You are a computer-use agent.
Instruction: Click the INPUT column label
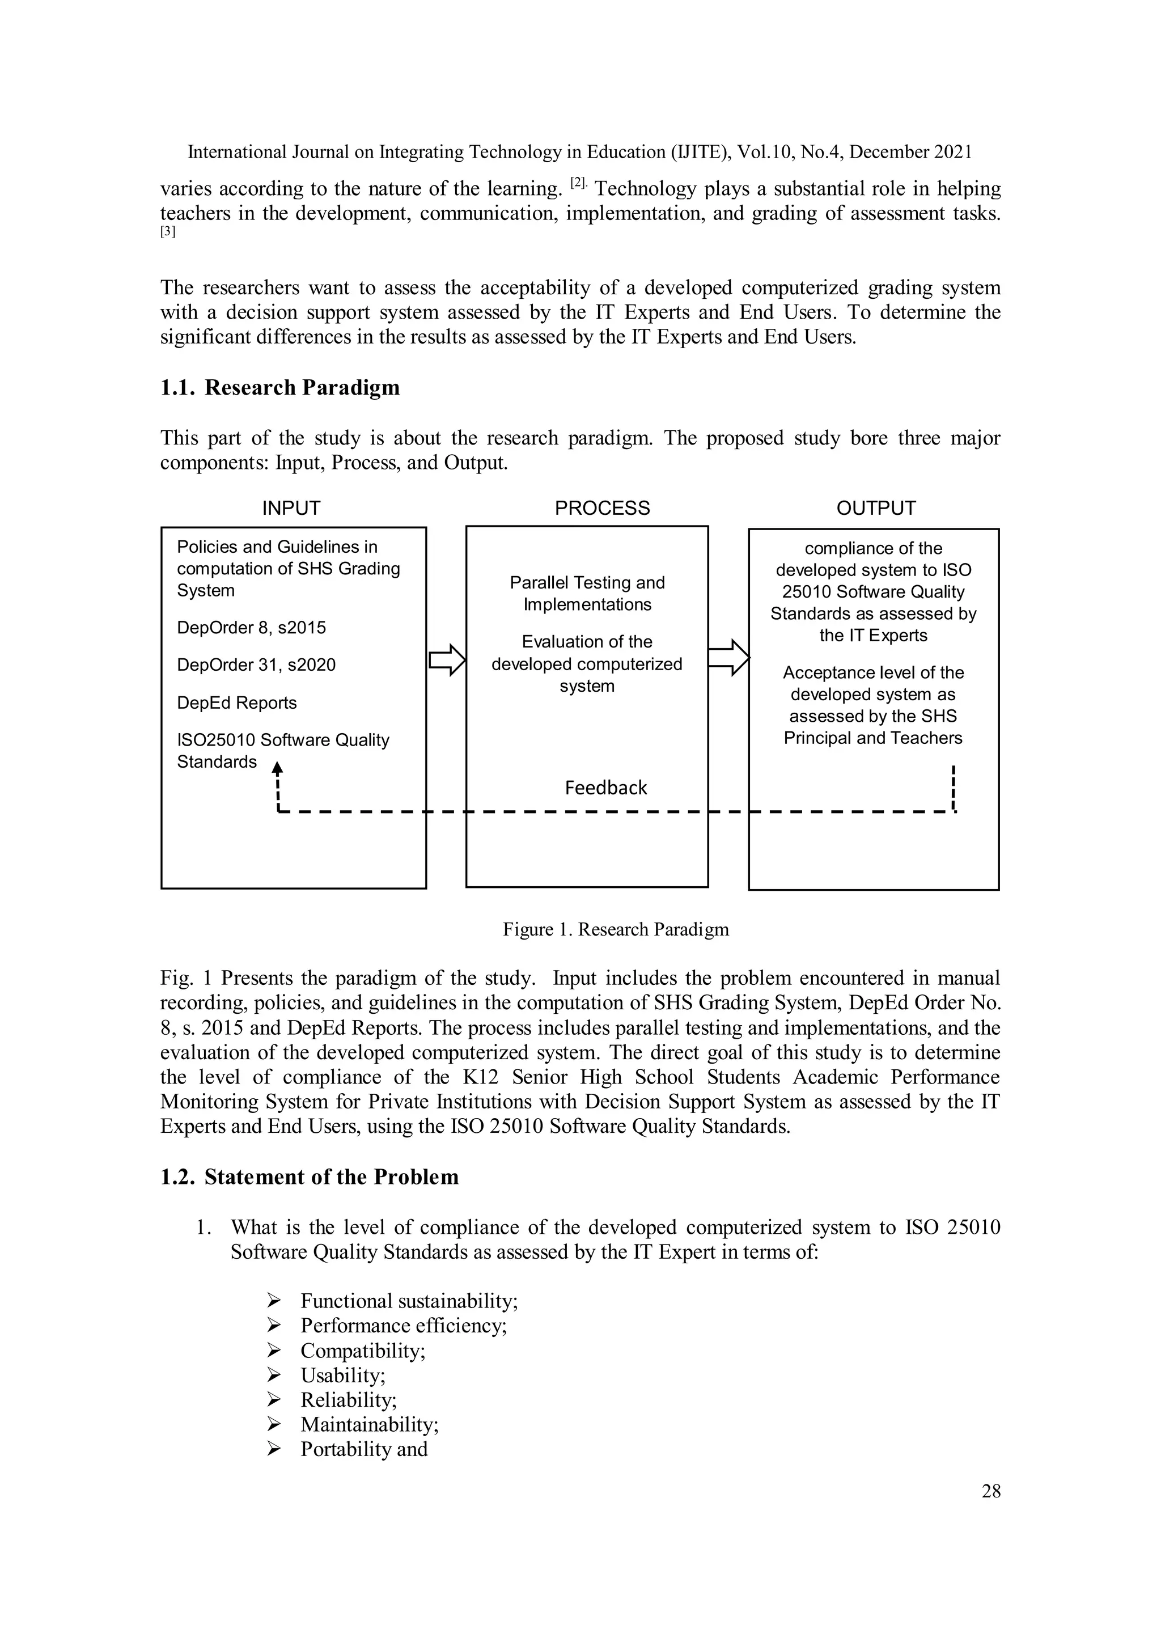[291, 508]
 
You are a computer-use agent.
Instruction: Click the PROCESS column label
[602, 508]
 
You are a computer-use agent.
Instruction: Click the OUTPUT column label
[876, 508]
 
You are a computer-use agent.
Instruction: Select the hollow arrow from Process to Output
[728, 657]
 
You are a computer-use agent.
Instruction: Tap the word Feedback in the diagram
[605, 788]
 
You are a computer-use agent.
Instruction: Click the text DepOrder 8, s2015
[251, 627]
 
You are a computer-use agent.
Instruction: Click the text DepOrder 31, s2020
[256, 665]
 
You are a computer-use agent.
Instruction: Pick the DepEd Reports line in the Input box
[236, 702]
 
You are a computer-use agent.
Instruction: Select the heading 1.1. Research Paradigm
[279, 388]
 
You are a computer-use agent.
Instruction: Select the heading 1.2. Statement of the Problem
[309, 1177]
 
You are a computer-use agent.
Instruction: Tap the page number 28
[991, 1491]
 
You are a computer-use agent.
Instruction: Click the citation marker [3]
[167, 232]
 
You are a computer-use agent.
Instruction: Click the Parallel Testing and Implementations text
[587, 593]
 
